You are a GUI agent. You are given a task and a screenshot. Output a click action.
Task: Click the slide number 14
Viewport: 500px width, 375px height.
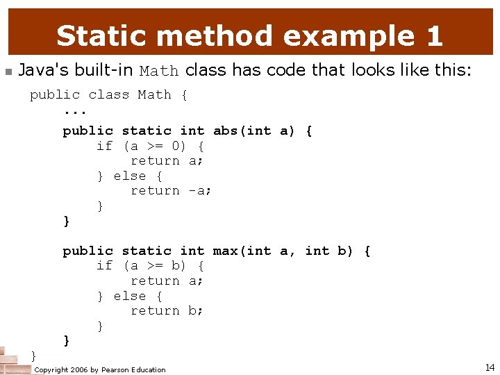point(490,367)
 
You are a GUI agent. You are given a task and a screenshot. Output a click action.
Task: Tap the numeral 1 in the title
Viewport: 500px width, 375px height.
point(433,35)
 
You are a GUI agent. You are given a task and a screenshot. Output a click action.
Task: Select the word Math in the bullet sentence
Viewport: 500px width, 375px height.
point(159,71)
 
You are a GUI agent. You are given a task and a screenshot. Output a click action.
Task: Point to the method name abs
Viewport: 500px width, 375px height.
point(226,131)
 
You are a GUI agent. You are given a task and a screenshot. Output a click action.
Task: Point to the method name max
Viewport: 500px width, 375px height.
point(226,251)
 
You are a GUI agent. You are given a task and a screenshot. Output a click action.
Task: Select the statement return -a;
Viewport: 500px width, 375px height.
point(171,190)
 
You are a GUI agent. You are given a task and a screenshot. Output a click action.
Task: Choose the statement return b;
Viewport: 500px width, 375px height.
point(167,310)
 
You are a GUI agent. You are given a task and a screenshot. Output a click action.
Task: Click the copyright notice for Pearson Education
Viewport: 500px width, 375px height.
point(100,369)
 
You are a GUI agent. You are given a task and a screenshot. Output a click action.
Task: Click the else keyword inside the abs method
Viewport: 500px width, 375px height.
point(130,176)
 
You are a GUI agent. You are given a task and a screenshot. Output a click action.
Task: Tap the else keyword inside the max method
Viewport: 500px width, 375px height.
point(130,296)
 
